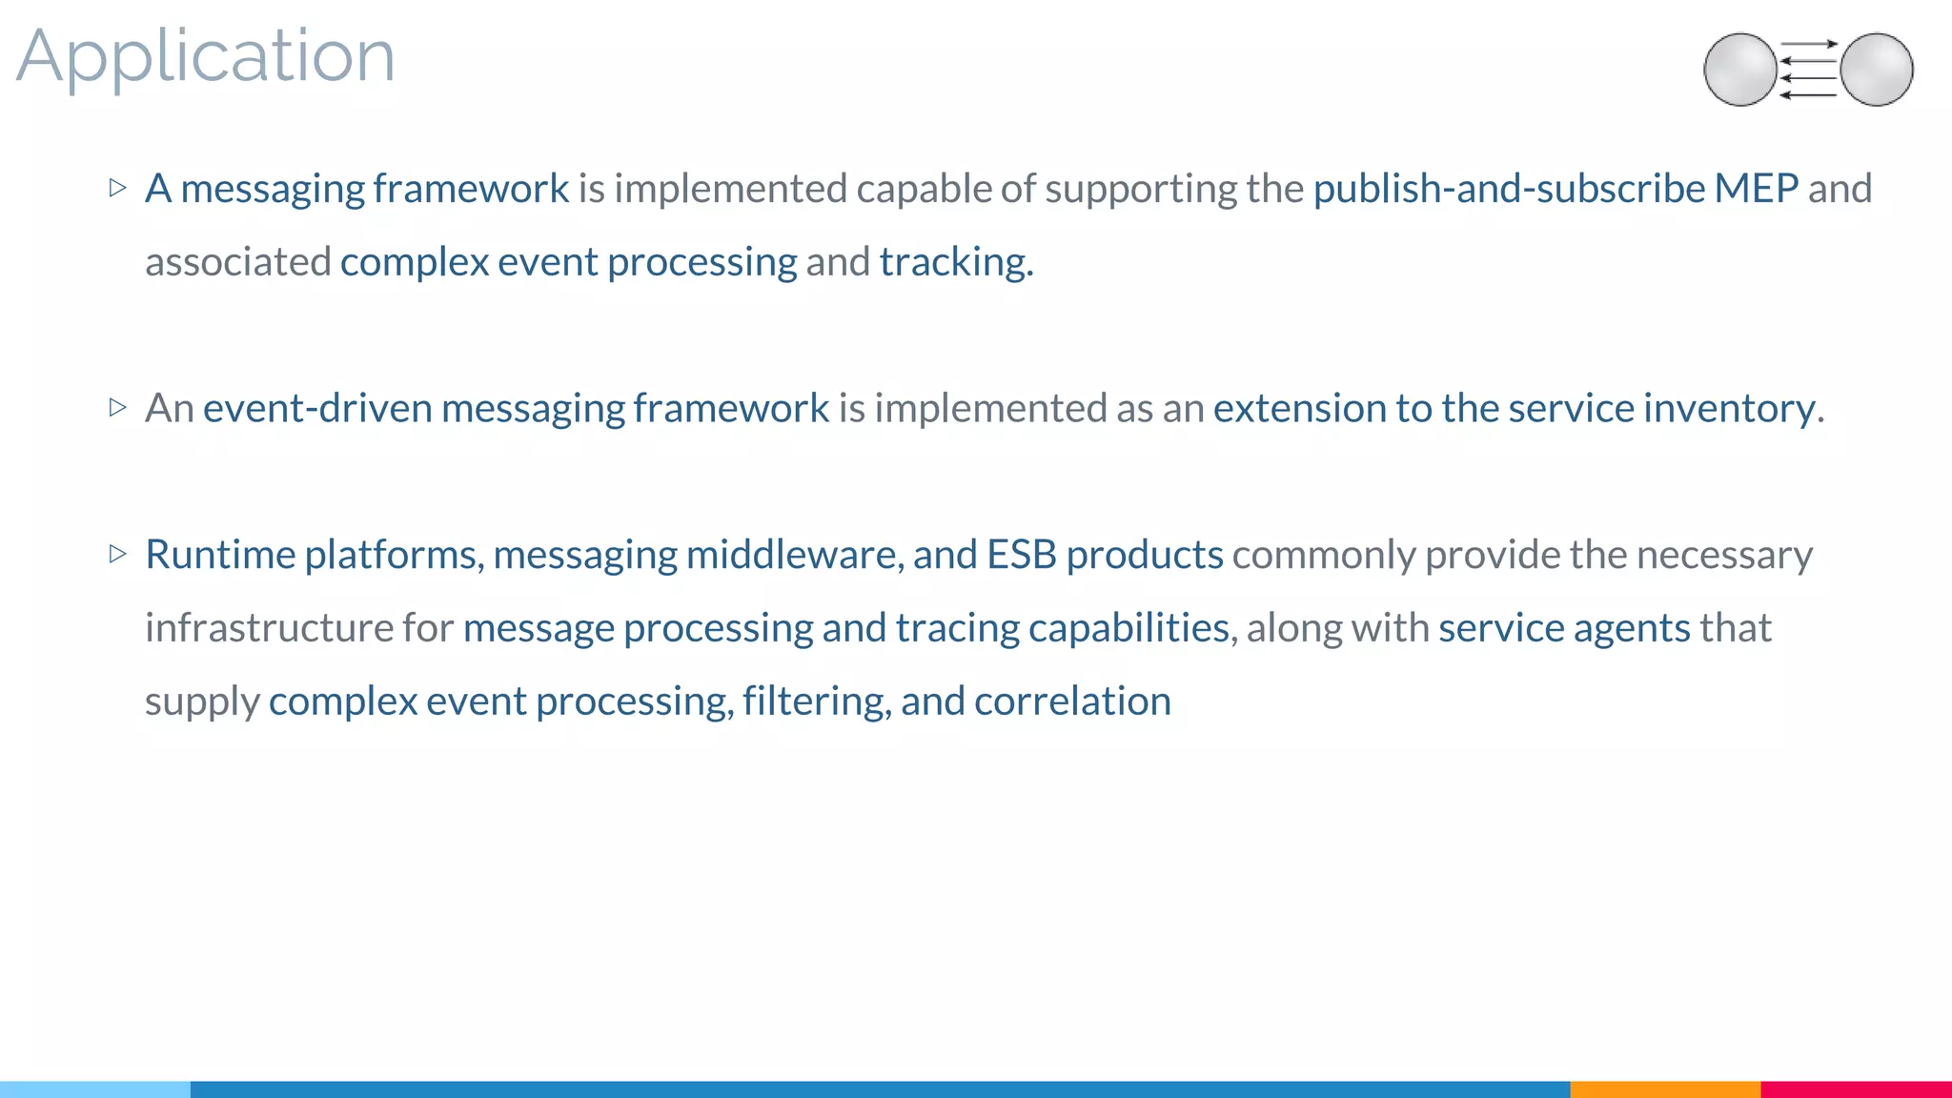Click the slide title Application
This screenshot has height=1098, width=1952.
(x=205, y=57)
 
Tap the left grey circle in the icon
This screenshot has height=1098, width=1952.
(x=1739, y=70)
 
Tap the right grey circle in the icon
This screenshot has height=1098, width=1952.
(x=1877, y=70)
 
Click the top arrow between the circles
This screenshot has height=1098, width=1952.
(x=1808, y=44)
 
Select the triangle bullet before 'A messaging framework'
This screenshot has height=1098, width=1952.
(x=118, y=188)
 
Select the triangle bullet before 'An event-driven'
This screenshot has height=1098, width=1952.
(x=118, y=408)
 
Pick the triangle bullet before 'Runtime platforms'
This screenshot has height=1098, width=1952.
(x=118, y=554)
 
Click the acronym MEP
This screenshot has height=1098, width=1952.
(x=1756, y=189)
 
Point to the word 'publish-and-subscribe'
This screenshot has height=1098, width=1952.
(x=1508, y=189)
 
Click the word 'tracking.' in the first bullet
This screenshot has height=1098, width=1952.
(x=956, y=262)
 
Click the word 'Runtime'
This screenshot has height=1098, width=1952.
(x=220, y=555)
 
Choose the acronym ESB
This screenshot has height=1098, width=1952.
(x=1021, y=555)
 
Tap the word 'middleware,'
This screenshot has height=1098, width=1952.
(x=795, y=555)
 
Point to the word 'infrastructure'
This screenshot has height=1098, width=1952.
(x=269, y=628)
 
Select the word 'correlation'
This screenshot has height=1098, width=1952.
(x=1072, y=701)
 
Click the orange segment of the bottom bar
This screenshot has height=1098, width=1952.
(x=1664, y=1089)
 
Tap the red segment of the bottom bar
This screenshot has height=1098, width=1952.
(x=1856, y=1089)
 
